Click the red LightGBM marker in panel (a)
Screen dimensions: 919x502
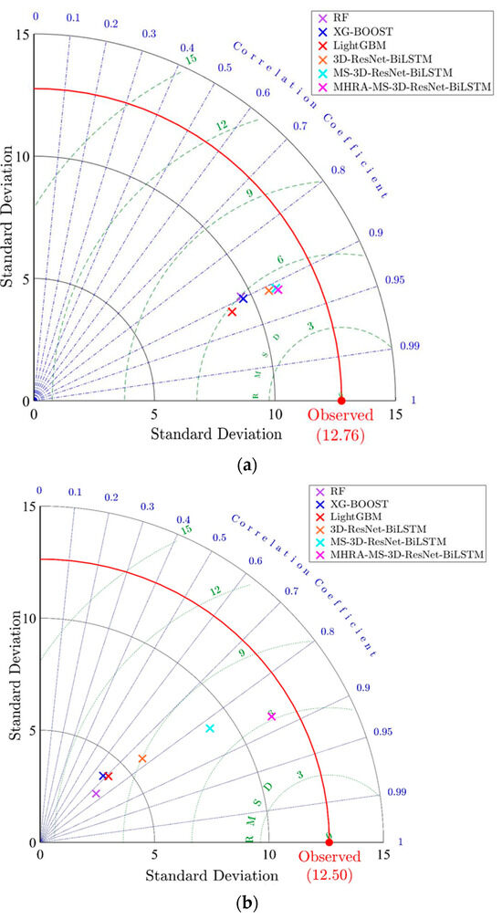(x=232, y=312)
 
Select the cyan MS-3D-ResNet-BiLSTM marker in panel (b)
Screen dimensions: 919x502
(x=211, y=728)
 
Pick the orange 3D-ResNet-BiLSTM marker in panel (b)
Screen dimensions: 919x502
(x=141, y=759)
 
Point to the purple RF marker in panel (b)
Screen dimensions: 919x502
(x=96, y=794)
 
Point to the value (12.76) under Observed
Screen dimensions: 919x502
(x=341, y=436)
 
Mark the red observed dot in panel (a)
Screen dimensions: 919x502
(x=341, y=401)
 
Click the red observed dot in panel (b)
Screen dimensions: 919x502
(x=329, y=842)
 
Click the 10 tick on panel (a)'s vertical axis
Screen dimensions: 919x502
(x=26, y=157)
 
